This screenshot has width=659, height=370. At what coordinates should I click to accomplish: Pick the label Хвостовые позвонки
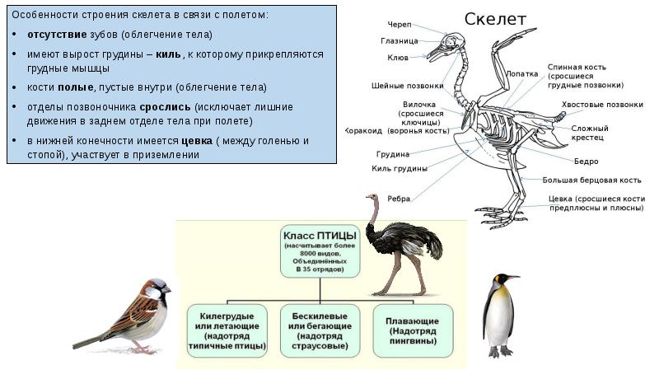point(602,105)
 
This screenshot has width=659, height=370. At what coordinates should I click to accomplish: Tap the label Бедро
point(587,161)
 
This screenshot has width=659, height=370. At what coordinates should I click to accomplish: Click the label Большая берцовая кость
point(591,179)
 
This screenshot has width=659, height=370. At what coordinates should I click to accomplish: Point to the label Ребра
point(400,198)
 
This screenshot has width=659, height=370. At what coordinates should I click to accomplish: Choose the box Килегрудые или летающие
point(227,330)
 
